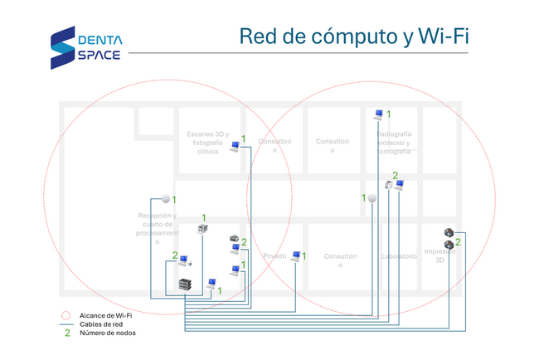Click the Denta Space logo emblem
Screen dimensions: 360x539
(62, 48)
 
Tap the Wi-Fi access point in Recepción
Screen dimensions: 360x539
(166, 198)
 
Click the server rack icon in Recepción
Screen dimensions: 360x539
(185, 285)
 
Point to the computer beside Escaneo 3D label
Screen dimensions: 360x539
(235, 147)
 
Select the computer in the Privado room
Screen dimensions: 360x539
(296, 256)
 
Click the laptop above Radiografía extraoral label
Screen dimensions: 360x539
(378, 114)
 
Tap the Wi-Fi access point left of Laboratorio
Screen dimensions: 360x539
(372, 198)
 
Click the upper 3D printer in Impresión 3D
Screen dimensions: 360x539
(449, 233)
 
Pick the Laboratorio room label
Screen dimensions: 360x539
(399, 256)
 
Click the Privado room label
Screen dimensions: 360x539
(274, 256)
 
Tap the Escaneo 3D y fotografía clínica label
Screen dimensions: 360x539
(207, 143)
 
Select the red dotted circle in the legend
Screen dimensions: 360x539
(66, 315)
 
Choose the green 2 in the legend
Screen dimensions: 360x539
(66, 333)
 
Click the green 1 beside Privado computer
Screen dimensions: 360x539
(304, 255)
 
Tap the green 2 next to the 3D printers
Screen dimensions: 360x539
(458, 242)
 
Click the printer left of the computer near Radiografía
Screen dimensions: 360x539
(388, 184)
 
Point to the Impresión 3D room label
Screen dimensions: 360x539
(439, 255)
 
